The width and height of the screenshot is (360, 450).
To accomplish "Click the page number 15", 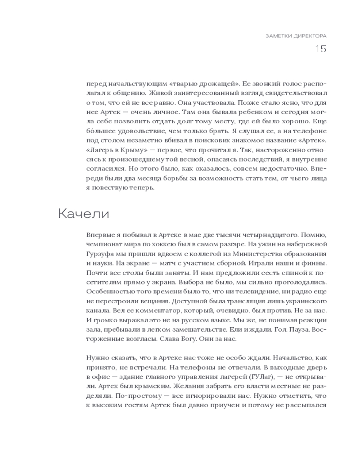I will pos(320,49).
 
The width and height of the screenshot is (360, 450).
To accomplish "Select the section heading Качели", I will pos(83,213).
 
